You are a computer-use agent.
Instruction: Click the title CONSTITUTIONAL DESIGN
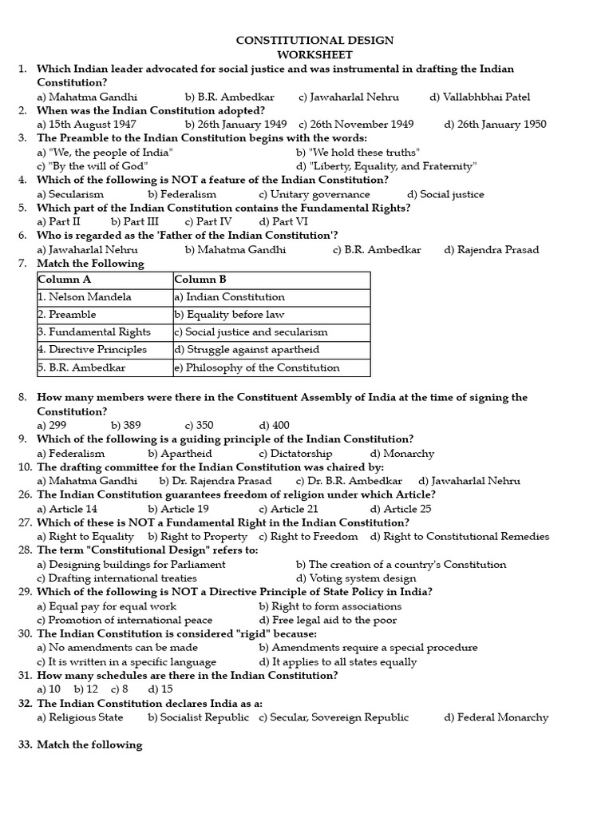[x=314, y=41]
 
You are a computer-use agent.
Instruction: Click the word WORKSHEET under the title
[x=314, y=54]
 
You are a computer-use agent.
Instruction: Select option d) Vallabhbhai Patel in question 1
[x=480, y=97]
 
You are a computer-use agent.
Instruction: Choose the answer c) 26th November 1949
[x=356, y=125]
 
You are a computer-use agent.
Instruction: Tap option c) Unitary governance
[x=314, y=194]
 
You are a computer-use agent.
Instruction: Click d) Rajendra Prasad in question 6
[x=492, y=249]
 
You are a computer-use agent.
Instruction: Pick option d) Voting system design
[x=356, y=578]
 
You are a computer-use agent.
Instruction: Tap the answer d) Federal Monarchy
[x=496, y=717]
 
